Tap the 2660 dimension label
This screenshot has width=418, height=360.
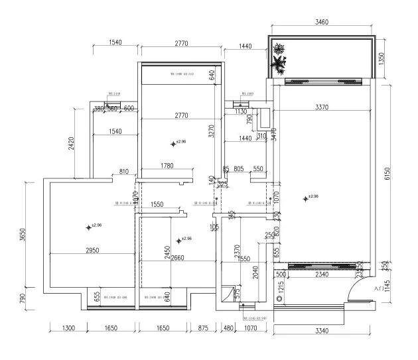pyautogui.click(x=178, y=258)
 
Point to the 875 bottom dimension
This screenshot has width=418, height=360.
pyautogui.click(x=203, y=328)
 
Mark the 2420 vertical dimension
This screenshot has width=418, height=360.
pyautogui.click(x=70, y=143)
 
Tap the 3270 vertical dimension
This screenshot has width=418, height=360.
pyautogui.click(x=211, y=131)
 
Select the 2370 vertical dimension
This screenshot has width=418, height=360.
pyautogui.click(x=237, y=251)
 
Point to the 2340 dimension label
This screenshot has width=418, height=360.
pyautogui.click(x=322, y=274)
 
